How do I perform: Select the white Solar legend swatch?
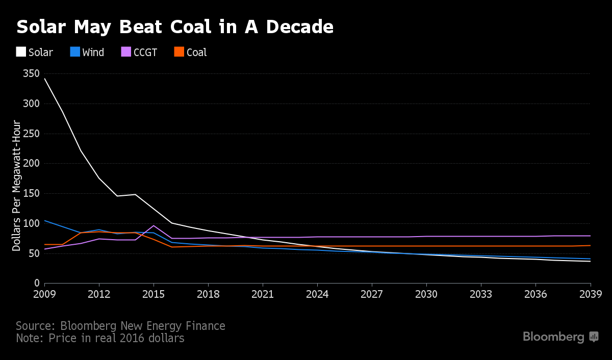click(x=21, y=52)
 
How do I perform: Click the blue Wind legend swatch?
click(x=74, y=52)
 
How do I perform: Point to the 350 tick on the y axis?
click(x=31, y=74)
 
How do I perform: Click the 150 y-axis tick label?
click(x=31, y=194)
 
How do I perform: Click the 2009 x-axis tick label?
click(x=45, y=295)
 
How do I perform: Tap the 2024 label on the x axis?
click(x=317, y=295)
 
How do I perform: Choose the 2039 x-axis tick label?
click(x=590, y=295)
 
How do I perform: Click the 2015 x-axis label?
click(x=154, y=295)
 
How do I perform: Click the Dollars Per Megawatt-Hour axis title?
click(x=17, y=186)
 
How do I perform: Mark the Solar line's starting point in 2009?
click(x=45, y=79)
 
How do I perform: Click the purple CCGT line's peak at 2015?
click(x=154, y=225)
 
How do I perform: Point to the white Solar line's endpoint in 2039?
click(x=590, y=261)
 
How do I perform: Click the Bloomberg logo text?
click(x=553, y=337)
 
